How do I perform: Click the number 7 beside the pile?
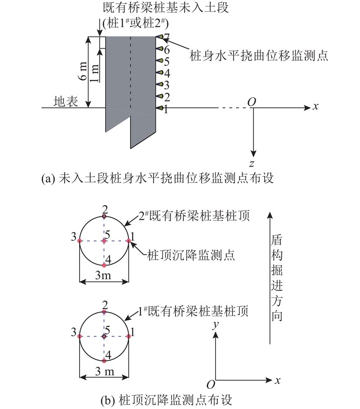pyautogui.click(x=166, y=37)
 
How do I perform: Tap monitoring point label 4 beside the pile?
pyautogui.click(x=167, y=73)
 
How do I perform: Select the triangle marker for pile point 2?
pyautogui.click(x=159, y=96)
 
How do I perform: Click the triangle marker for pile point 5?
pyautogui.click(x=159, y=61)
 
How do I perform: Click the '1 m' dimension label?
pyautogui.click(x=94, y=73)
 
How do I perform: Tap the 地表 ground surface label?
pyautogui.click(x=66, y=101)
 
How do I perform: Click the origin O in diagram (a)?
pyautogui.click(x=252, y=102)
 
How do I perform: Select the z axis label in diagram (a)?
pyautogui.click(x=252, y=164)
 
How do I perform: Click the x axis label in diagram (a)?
pyautogui.click(x=316, y=107)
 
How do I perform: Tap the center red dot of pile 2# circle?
pyautogui.click(x=104, y=241)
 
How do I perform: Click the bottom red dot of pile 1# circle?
pyautogui.click(x=104, y=361)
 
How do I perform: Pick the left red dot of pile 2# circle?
pyautogui.click(x=80, y=241)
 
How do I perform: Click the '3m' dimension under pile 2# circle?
pyautogui.click(x=103, y=275)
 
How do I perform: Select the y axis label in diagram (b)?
pyautogui.click(x=216, y=325)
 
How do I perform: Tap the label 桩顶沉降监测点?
pyautogui.click(x=191, y=255)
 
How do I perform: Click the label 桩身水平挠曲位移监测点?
pyautogui.click(x=258, y=55)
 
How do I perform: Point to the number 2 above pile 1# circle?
pyautogui.click(x=105, y=305)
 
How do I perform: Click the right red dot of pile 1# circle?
pyautogui.click(x=129, y=337)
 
